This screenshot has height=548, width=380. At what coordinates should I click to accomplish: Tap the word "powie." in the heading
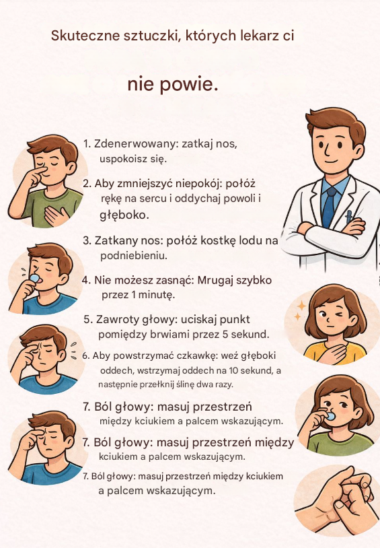189,85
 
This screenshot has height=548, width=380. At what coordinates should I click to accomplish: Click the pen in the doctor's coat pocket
349,217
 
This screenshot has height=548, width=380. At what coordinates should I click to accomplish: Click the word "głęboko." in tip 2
124,215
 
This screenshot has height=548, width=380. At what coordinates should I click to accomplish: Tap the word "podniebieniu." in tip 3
134,256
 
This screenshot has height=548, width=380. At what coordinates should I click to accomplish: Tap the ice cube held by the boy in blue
35,278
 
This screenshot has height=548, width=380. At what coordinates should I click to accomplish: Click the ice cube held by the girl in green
330,416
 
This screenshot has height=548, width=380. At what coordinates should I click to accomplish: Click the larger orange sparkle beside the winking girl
301,306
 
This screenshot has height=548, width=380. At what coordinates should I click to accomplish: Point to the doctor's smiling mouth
330,162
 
